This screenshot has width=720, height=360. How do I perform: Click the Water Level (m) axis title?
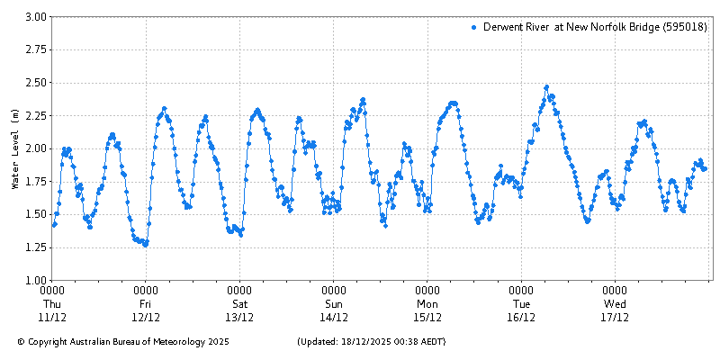[x=14, y=148]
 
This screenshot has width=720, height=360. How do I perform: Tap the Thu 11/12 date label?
[x=52, y=304]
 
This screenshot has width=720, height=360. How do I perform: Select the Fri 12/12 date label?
[x=146, y=304]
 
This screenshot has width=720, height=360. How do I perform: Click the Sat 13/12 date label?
[x=239, y=304]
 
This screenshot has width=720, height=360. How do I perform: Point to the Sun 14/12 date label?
[x=334, y=304]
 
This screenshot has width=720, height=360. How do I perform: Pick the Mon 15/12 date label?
[x=427, y=304]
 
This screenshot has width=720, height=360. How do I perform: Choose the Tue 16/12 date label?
[x=521, y=304]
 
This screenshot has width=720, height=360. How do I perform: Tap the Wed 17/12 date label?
[x=615, y=304]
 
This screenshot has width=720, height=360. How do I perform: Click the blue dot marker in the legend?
[x=473, y=28]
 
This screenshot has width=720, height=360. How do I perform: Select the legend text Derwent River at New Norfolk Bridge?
[x=594, y=28]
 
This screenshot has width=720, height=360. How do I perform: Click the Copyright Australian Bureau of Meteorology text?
[x=123, y=342]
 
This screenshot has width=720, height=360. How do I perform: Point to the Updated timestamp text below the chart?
[x=371, y=342]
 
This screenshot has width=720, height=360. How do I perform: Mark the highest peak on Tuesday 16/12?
[x=546, y=87]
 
